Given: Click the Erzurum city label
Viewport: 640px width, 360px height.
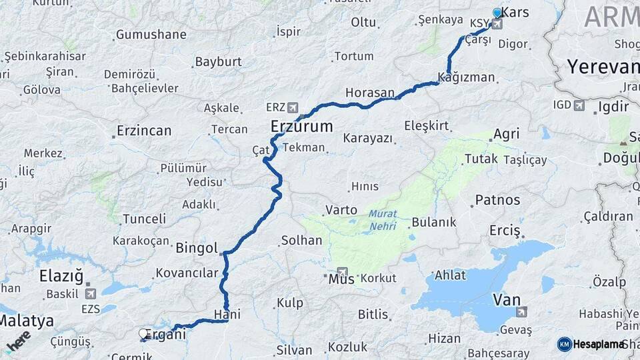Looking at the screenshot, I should pyautogui.click(x=301, y=126).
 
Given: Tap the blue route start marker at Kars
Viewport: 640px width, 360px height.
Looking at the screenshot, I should pyautogui.click(x=497, y=13).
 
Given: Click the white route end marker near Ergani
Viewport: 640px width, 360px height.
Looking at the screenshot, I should pyautogui.click(x=143, y=333).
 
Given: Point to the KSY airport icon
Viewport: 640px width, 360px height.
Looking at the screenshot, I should pyautogui.click(x=496, y=25).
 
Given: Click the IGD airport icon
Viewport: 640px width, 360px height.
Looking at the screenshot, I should pyautogui.click(x=578, y=105).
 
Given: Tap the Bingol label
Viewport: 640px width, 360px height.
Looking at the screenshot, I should pyautogui.click(x=197, y=249).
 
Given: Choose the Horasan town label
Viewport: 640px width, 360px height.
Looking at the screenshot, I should pyautogui.click(x=370, y=92).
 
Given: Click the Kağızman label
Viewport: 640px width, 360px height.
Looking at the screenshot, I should pyautogui.click(x=467, y=77).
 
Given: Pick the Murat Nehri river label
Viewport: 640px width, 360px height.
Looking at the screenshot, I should pyautogui.click(x=383, y=221).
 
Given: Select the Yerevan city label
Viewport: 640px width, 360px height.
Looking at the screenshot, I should pyautogui.click(x=603, y=67).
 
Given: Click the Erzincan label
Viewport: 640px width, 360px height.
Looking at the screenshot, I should pyautogui.click(x=144, y=131).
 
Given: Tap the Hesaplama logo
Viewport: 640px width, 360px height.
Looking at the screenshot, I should pyautogui.click(x=592, y=344).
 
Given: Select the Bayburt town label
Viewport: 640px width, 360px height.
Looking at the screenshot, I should pyautogui.click(x=218, y=62).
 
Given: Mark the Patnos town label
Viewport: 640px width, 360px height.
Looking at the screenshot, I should pyautogui.click(x=497, y=199).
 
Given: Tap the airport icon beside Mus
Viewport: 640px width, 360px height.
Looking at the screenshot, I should pyautogui.click(x=343, y=272).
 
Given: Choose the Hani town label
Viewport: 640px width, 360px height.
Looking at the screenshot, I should pyautogui.click(x=227, y=314).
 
